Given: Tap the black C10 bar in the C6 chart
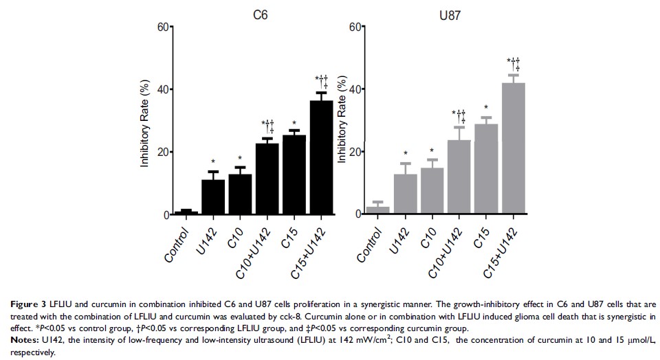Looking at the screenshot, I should pyautogui.click(x=241, y=195).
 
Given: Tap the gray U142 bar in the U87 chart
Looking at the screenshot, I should pyautogui.click(x=406, y=194).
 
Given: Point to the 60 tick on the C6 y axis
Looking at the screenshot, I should pyautogui.click(x=162, y=27).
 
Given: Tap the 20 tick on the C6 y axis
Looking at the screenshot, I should pyautogui.click(x=162, y=153).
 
